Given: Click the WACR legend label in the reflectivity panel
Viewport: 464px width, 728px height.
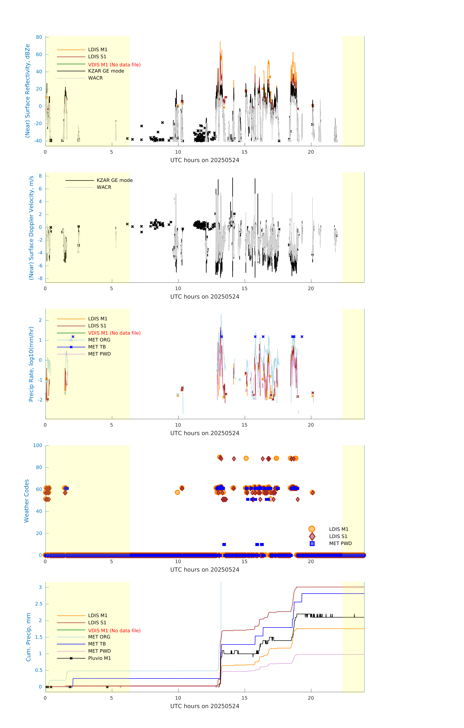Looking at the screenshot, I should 95,78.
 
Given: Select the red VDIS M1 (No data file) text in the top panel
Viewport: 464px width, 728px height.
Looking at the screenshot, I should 114,65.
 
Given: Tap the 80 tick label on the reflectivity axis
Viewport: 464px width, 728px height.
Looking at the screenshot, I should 39,37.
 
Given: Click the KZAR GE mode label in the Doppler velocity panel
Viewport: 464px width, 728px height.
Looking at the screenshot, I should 115,180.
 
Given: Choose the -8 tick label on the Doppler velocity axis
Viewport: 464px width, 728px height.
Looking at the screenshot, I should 40,278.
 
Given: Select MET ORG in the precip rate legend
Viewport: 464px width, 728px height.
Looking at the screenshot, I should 99,340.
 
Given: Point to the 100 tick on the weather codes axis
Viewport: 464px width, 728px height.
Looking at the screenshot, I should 37,445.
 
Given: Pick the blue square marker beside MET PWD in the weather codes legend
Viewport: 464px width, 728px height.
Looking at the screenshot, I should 312,543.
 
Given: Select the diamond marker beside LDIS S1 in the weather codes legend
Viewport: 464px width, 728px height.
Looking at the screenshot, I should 312,536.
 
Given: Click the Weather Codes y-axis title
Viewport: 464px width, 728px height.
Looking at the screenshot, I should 27,501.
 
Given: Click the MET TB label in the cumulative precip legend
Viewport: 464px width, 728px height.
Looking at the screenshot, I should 97,644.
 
